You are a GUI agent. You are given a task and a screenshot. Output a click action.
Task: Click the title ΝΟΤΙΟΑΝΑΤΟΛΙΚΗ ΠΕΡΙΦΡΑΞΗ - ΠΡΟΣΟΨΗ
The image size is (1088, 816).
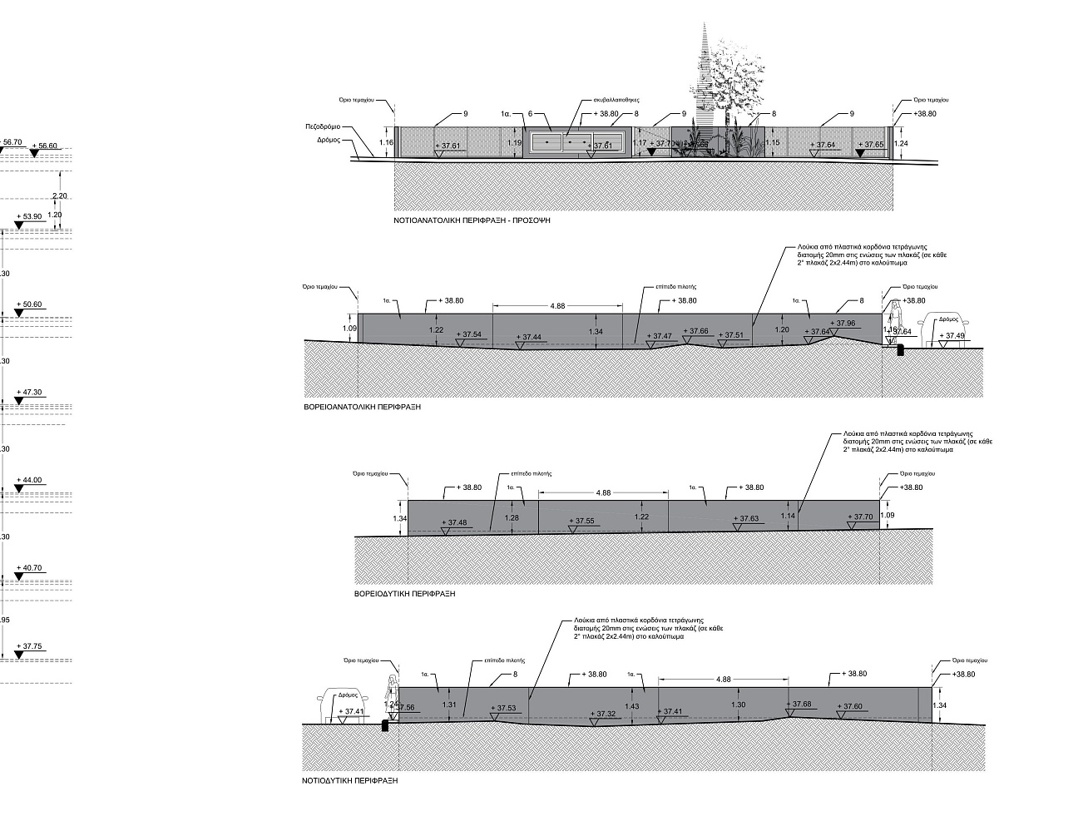pos(472,222)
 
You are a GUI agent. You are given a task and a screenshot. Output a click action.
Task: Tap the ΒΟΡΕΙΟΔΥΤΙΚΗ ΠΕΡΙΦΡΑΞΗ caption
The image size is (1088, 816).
pos(404,595)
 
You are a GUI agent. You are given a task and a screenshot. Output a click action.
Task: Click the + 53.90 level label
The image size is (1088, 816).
pos(29,216)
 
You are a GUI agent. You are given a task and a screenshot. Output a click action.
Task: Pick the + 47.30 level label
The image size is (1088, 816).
pos(29,392)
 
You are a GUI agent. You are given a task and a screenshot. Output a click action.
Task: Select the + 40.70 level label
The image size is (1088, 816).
pos(29,568)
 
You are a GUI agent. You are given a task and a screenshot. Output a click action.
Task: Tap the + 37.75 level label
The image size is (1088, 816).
pos(29,646)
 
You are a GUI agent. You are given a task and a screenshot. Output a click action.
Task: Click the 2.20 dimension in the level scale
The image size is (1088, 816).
pos(59,196)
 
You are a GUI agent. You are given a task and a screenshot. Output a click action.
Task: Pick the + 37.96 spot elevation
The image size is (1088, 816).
pos(843,324)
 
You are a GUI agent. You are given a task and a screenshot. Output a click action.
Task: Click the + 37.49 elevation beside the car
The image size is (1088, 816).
pos(952,336)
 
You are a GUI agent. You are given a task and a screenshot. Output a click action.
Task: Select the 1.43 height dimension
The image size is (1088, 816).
pos(632,705)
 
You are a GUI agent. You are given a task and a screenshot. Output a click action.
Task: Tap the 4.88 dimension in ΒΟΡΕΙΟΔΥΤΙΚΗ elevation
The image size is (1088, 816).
pos(604,493)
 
